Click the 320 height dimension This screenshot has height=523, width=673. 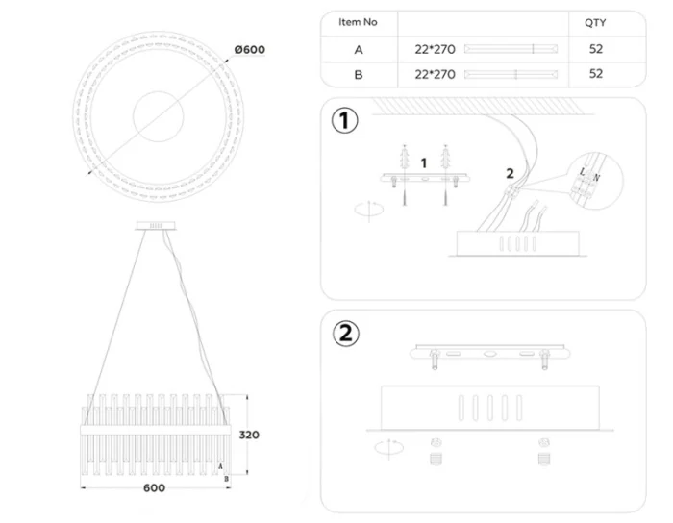(x=249, y=435)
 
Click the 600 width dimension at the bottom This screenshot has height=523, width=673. (x=154, y=487)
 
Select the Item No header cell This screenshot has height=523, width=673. (x=358, y=22)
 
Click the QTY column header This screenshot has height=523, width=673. (x=595, y=22)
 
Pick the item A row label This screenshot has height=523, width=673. (x=358, y=49)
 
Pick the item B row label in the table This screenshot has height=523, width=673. (x=358, y=74)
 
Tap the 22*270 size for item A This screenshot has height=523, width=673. (x=435, y=49)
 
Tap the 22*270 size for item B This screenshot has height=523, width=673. (x=435, y=74)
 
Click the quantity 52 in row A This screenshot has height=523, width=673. (x=595, y=49)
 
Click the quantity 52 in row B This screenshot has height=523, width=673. (x=595, y=74)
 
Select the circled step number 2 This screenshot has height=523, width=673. (x=345, y=334)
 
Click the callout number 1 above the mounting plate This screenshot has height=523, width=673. (x=424, y=163)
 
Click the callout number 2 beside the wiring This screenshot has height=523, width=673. (x=511, y=173)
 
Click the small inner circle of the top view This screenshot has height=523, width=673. (x=156, y=114)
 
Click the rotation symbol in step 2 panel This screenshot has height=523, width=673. (x=388, y=447)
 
